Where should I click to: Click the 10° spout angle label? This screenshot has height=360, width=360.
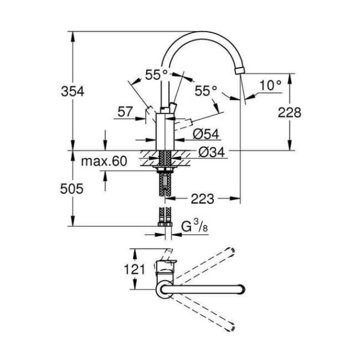pyautogui.click(x=270, y=85)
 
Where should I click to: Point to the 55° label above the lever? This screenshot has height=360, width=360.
pyautogui.click(x=156, y=74)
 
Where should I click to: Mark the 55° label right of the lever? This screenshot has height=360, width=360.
pyautogui.click(x=206, y=90)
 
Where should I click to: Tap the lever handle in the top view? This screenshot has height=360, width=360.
pyautogui.click(x=165, y=264)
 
